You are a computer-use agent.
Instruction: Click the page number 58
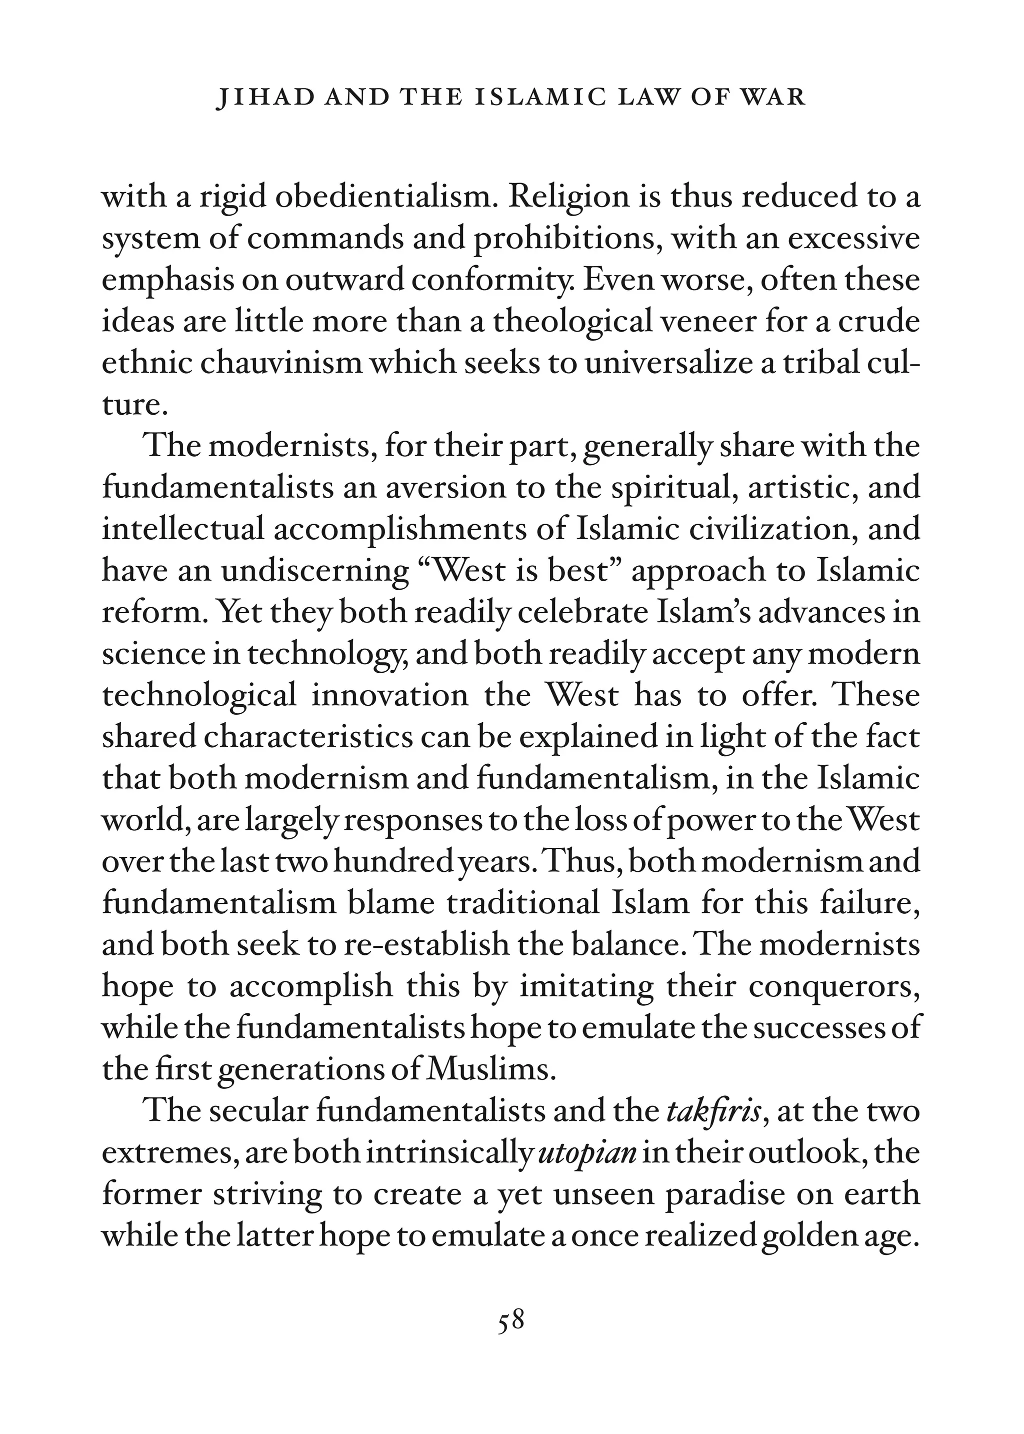coord(510,1320)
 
